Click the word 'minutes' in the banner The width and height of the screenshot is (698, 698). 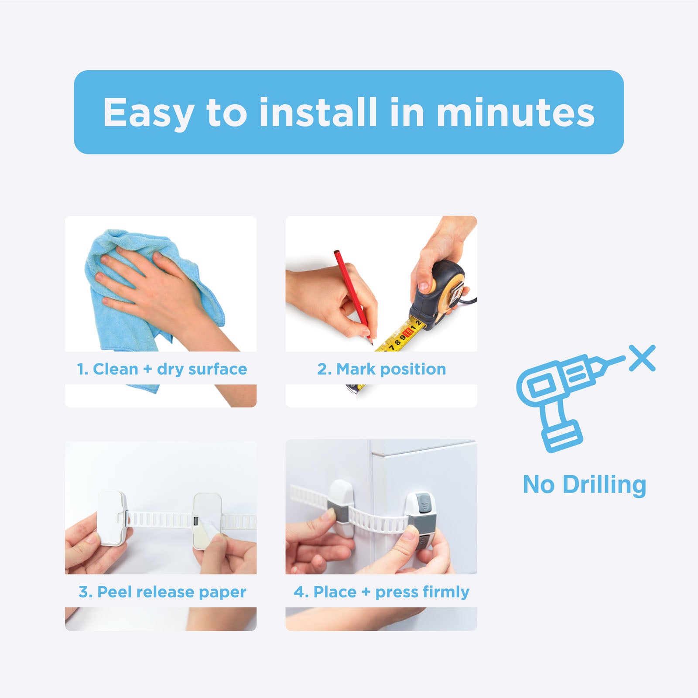coord(516,113)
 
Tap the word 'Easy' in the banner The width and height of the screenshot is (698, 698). coord(148,113)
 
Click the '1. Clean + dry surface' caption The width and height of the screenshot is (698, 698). coord(162,369)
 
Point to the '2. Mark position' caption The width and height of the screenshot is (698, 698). coord(381,369)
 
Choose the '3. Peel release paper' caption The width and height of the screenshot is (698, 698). coord(162,592)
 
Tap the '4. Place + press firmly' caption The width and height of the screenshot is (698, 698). coord(381,592)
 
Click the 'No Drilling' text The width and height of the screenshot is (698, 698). coord(584,485)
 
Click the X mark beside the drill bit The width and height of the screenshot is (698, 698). coord(642,358)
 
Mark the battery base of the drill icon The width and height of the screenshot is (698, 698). coord(562,436)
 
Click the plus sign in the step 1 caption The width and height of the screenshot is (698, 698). coord(147,369)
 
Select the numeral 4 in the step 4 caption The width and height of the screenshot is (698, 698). coord(299,592)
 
